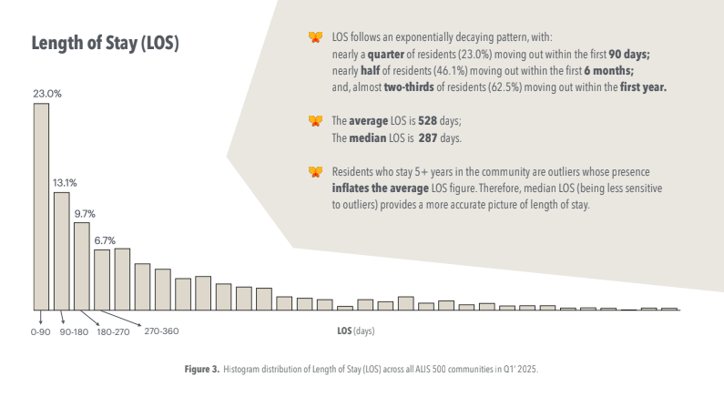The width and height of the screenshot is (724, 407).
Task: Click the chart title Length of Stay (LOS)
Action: coord(105,44)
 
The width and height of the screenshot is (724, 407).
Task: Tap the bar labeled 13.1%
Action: coord(61,250)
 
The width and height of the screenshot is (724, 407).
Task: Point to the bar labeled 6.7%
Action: coord(102,279)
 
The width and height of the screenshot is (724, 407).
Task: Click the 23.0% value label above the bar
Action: coord(47,94)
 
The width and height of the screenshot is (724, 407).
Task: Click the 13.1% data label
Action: coord(65,181)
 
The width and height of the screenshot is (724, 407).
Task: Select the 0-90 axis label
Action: coord(42,332)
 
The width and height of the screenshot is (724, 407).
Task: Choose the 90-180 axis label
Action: coord(73,332)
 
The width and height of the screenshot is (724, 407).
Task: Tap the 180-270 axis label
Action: coord(114,332)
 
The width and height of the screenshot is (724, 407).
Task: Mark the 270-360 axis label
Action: coord(161,331)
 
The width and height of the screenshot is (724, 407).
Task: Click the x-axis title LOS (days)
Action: coord(355,331)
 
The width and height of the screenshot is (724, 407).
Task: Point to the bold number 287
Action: coord(429,138)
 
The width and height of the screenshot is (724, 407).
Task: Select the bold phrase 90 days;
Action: coord(628,54)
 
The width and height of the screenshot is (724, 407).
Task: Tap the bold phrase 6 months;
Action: coord(609,70)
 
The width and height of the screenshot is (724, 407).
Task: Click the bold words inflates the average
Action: coord(377,188)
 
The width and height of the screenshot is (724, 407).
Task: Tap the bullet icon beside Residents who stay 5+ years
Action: coord(315,171)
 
